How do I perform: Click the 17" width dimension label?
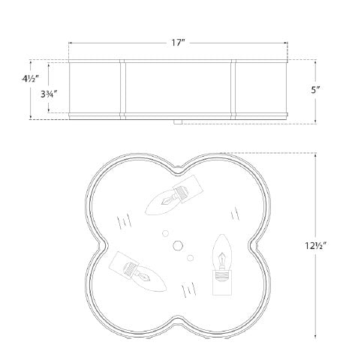[178, 43]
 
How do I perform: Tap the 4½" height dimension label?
[30, 79]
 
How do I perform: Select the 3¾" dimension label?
[49, 94]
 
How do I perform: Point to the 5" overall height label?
[315, 90]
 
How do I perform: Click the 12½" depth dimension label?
[315, 246]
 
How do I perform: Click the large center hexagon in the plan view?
[178, 245]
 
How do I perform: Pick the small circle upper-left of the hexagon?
[165, 233]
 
